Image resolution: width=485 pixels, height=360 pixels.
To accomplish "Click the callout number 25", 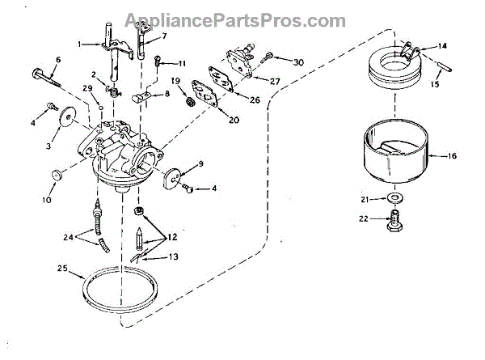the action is (61, 268).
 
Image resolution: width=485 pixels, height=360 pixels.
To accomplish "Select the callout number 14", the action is (443, 46).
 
